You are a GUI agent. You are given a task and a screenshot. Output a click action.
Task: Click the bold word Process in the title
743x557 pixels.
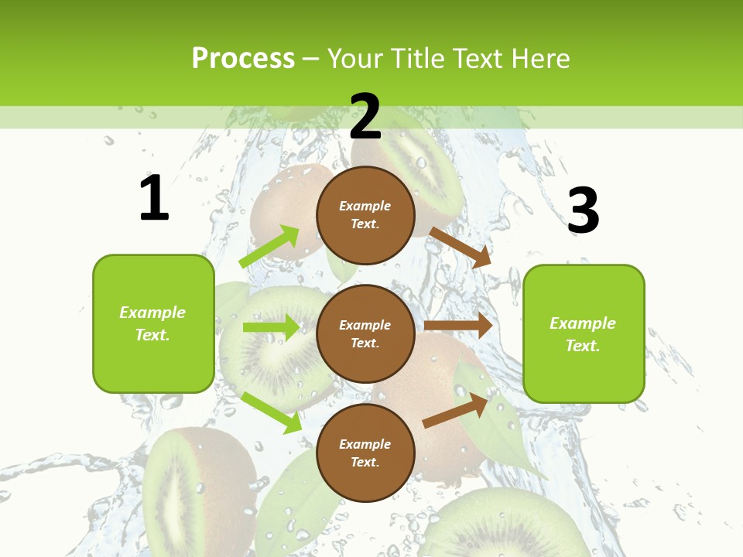coord(243,59)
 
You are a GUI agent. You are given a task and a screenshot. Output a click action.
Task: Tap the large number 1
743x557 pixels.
coord(154,198)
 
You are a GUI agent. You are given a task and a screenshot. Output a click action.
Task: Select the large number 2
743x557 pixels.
coord(365,117)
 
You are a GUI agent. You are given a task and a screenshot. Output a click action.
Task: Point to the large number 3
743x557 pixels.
coord(583,210)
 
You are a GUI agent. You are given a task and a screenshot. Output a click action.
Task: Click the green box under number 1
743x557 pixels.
coord(153,323)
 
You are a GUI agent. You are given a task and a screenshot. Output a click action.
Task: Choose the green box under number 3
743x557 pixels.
coord(584,333)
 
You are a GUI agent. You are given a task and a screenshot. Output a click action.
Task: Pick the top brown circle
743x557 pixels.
coord(365,215)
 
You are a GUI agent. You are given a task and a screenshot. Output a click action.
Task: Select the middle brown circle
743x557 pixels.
coord(365,333)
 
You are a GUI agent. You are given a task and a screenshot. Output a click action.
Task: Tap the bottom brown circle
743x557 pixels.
coord(365,453)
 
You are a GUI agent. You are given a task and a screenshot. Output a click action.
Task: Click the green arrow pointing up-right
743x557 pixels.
coord(269,247)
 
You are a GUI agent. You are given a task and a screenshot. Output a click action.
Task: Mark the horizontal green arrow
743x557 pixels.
coord(271,327)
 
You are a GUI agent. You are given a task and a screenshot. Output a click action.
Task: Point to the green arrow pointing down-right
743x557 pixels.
coord(272,412)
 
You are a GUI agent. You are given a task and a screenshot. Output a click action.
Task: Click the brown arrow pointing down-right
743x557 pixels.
coord(461,247)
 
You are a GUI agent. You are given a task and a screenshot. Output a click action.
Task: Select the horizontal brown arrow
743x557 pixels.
coord(458,326)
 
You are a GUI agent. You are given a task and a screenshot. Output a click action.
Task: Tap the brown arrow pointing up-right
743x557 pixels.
coord(456,411)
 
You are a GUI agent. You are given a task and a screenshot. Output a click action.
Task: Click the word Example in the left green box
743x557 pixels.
coord(152,313)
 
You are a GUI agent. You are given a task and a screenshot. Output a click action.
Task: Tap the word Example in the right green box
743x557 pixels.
coord(583,323)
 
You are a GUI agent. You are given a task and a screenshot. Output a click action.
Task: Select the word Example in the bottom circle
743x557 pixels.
coord(365,444)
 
